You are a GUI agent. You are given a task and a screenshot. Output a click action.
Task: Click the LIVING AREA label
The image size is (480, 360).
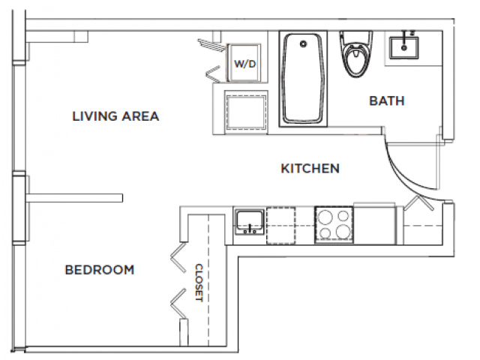(115, 116)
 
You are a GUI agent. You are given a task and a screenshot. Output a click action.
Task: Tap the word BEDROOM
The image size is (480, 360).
(99, 270)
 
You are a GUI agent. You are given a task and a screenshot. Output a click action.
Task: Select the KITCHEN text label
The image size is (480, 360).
(310, 168)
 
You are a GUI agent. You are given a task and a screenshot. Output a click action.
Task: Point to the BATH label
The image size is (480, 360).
(386, 100)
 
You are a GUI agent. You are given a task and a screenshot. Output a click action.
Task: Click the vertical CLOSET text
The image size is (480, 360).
(199, 281)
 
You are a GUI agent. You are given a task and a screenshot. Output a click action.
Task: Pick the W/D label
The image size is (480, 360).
(245, 64)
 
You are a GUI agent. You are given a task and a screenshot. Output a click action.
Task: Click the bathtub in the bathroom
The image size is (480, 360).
(304, 79)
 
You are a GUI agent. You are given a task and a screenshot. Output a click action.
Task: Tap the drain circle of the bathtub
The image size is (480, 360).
(303, 45)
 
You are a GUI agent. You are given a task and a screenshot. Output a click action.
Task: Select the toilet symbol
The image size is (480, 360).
(353, 56)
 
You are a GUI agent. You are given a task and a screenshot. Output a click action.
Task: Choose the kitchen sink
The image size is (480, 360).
(248, 222)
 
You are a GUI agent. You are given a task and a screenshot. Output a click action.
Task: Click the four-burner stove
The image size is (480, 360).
(333, 223)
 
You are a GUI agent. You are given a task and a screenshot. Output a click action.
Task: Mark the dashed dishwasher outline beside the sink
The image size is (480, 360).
(282, 223)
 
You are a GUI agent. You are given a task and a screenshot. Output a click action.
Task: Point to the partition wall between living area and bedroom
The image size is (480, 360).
(75, 197)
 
